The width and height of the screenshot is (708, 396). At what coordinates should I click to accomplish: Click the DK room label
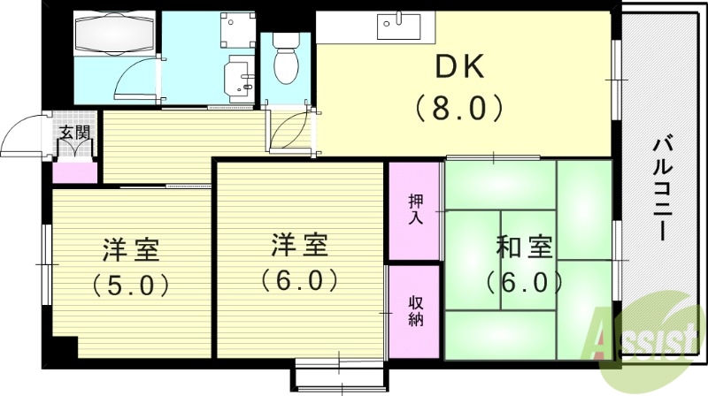pyautogui.click(x=458, y=66)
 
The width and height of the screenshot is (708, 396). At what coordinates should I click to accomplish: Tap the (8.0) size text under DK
pyautogui.click(x=458, y=109)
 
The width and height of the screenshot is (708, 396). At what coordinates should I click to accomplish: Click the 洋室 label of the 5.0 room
pyautogui.click(x=131, y=250)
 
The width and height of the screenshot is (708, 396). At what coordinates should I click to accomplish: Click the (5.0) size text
pyautogui.click(x=131, y=285)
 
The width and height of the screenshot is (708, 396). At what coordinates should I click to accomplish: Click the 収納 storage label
pyautogui.click(x=414, y=310)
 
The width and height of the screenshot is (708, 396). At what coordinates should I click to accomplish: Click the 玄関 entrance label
pyautogui.click(x=74, y=133)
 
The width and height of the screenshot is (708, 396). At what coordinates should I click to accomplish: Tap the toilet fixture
pyautogui.click(x=286, y=59)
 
